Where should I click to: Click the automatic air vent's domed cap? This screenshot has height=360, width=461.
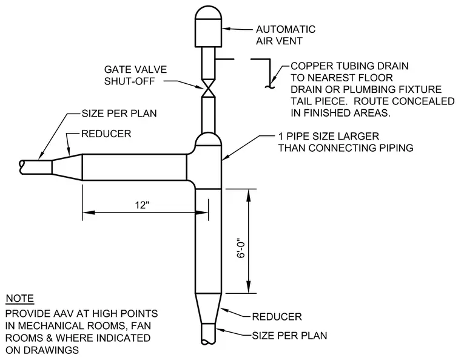pos(209,12)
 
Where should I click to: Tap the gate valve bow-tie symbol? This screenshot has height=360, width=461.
pos(208,87)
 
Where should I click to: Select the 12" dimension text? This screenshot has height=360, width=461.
pos(143,205)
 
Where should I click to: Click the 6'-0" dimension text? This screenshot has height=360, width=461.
pos(240,248)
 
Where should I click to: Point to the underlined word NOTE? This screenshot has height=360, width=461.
pos(19,299)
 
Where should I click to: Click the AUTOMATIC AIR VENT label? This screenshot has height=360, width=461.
pos(286,35)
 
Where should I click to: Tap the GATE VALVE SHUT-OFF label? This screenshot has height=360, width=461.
pos(135,75)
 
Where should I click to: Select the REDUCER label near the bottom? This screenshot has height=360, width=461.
pos(277,317)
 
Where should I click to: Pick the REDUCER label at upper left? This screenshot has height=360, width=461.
pos(106,134)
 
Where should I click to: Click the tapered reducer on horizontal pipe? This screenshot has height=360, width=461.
pos(67,167)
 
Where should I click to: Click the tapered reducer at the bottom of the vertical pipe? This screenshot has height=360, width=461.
pos(208,308)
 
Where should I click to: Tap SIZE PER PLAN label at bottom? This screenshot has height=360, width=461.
pos(289,336)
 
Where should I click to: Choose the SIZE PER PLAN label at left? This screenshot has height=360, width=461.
pos(119,114)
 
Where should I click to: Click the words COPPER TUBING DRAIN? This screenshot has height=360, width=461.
pos(349,66)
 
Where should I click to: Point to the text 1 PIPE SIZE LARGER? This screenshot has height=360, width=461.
pos(329,136)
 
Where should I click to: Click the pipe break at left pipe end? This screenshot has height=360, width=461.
pos(21,167)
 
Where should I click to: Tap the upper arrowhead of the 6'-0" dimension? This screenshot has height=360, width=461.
pos(249,195)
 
